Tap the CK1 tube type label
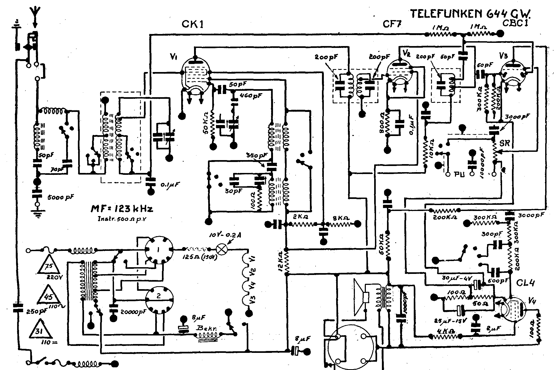click(x=192, y=24)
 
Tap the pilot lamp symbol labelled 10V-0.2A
click(x=221, y=250)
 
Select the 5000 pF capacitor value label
click(x=60, y=197)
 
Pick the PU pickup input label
click(x=458, y=174)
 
